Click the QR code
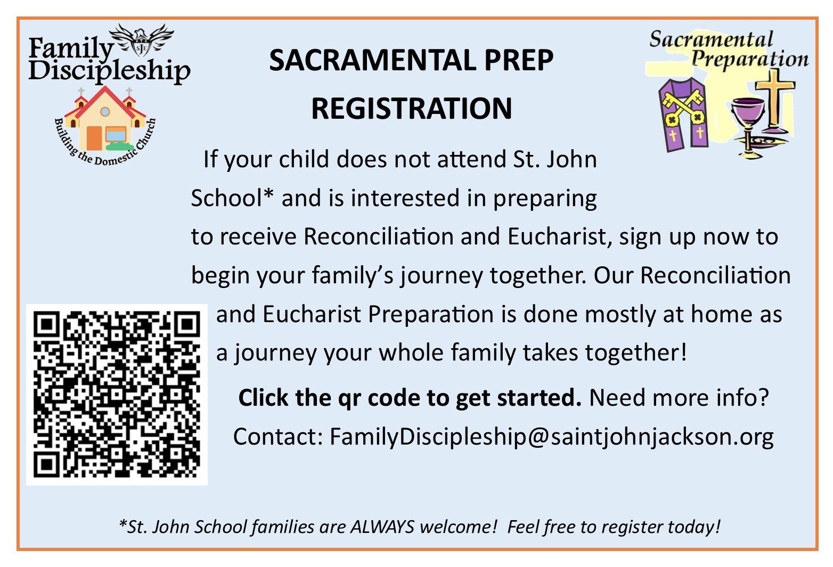(x=117, y=395)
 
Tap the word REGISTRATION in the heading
(x=412, y=108)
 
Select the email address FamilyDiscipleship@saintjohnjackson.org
(x=552, y=437)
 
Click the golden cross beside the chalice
(x=775, y=101)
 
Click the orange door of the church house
(x=94, y=138)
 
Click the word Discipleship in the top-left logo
(x=109, y=71)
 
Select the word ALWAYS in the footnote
(x=382, y=527)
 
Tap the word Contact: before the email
(x=278, y=437)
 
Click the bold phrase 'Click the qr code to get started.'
(x=410, y=398)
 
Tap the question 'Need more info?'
(x=679, y=398)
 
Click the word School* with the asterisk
(x=232, y=198)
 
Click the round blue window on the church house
(x=105, y=111)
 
